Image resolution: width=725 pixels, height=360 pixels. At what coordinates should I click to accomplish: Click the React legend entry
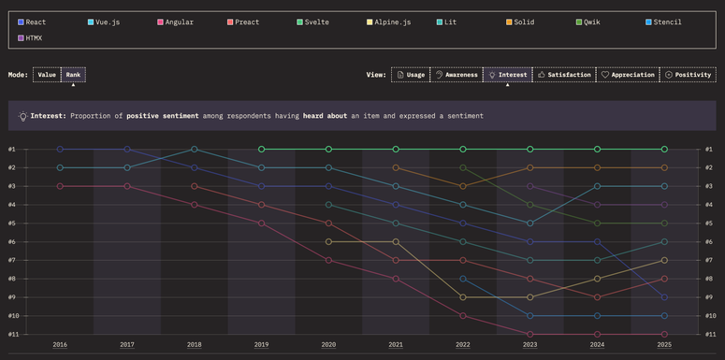tap(36, 22)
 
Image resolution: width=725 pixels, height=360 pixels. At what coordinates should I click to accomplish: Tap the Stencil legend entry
tap(665, 22)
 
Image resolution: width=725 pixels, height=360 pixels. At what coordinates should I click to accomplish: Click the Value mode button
tap(47, 74)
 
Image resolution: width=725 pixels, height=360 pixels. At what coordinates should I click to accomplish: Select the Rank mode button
tap(73, 74)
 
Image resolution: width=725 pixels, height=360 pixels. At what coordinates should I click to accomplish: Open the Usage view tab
tap(410, 75)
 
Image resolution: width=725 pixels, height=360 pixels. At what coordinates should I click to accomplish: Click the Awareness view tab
tap(456, 75)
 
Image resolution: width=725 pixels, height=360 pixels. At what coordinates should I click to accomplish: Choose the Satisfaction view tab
tap(564, 75)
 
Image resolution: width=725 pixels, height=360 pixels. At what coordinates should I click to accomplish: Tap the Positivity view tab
tap(688, 75)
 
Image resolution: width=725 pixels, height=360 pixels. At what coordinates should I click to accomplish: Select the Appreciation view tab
tap(628, 75)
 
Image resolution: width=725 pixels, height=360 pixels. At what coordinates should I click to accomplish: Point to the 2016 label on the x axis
tap(60, 345)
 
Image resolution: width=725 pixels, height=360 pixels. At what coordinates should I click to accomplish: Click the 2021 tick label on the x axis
tap(396, 345)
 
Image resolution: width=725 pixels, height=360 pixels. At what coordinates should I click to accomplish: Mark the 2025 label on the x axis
tap(664, 345)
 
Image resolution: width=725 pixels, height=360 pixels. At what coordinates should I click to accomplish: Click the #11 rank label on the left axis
tap(13, 334)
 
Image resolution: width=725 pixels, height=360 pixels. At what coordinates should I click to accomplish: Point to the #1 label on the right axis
tap(709, 150)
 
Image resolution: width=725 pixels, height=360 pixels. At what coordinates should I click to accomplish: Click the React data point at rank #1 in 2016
tap(60, 149)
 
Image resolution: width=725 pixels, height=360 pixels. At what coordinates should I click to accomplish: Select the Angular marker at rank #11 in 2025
tap(664, 334)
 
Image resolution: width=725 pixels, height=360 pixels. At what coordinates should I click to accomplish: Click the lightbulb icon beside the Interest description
tap(22, 116)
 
